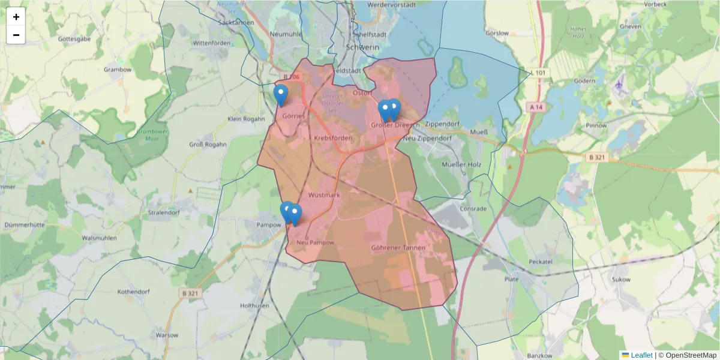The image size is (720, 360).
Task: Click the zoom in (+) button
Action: click(x=16, y=17)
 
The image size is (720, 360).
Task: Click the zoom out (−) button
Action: click(x=16, y=35)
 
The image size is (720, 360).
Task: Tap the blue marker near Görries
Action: click(x=280, y=95)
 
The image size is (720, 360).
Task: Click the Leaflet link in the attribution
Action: click(x=641, y=355)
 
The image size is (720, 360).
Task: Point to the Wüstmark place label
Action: click(x=324, y=196)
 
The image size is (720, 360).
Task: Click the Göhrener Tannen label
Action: click(x=398, y=247)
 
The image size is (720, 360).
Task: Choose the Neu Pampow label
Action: click(x=316, y=242)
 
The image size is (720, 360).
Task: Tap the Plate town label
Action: click(x=512, y=279)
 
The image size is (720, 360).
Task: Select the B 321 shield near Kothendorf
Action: click(x=189, y=293)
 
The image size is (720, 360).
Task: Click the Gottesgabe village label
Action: click(x=74, y=39)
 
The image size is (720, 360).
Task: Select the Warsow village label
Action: click(x=167, y=335)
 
